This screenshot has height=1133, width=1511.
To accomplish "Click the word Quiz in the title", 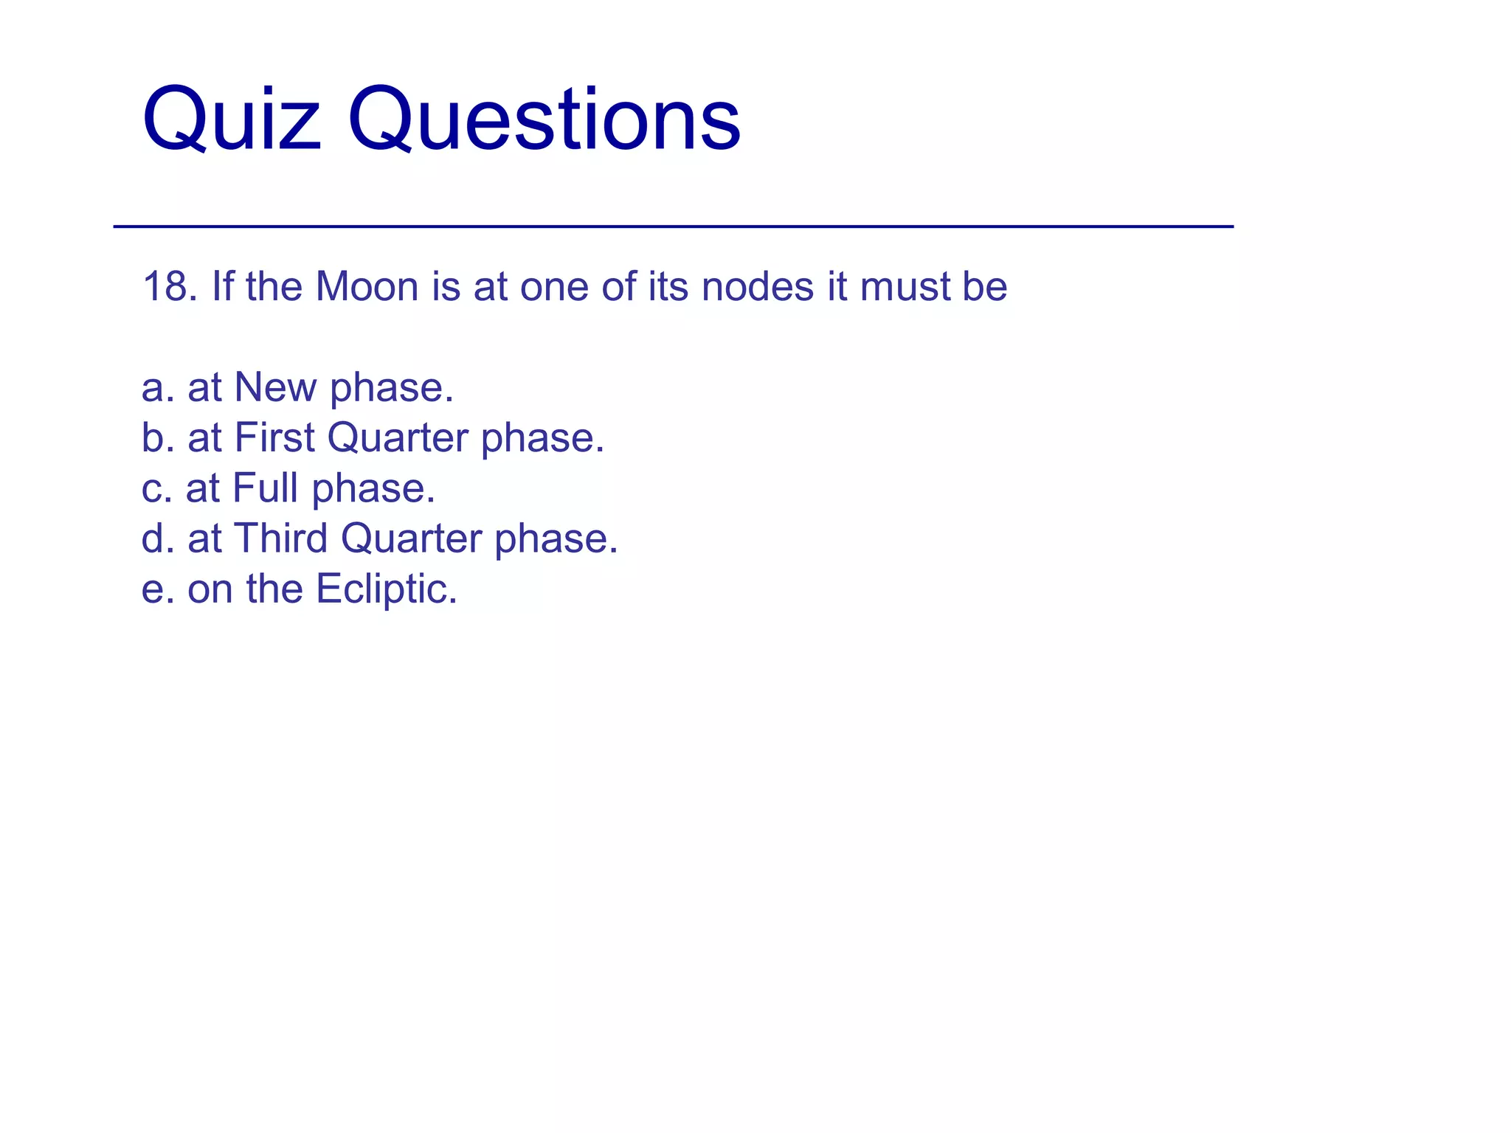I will pos(232,119).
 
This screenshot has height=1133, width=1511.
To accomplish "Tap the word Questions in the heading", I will pos(544,119).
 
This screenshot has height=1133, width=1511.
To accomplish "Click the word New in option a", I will pos(274,387).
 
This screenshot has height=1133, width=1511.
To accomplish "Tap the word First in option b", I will pos(274,437).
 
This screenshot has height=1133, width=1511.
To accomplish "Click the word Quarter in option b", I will pos(398,439).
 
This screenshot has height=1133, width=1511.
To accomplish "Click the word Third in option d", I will pos(280,538).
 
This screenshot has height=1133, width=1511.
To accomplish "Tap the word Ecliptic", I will pos(386,589).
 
